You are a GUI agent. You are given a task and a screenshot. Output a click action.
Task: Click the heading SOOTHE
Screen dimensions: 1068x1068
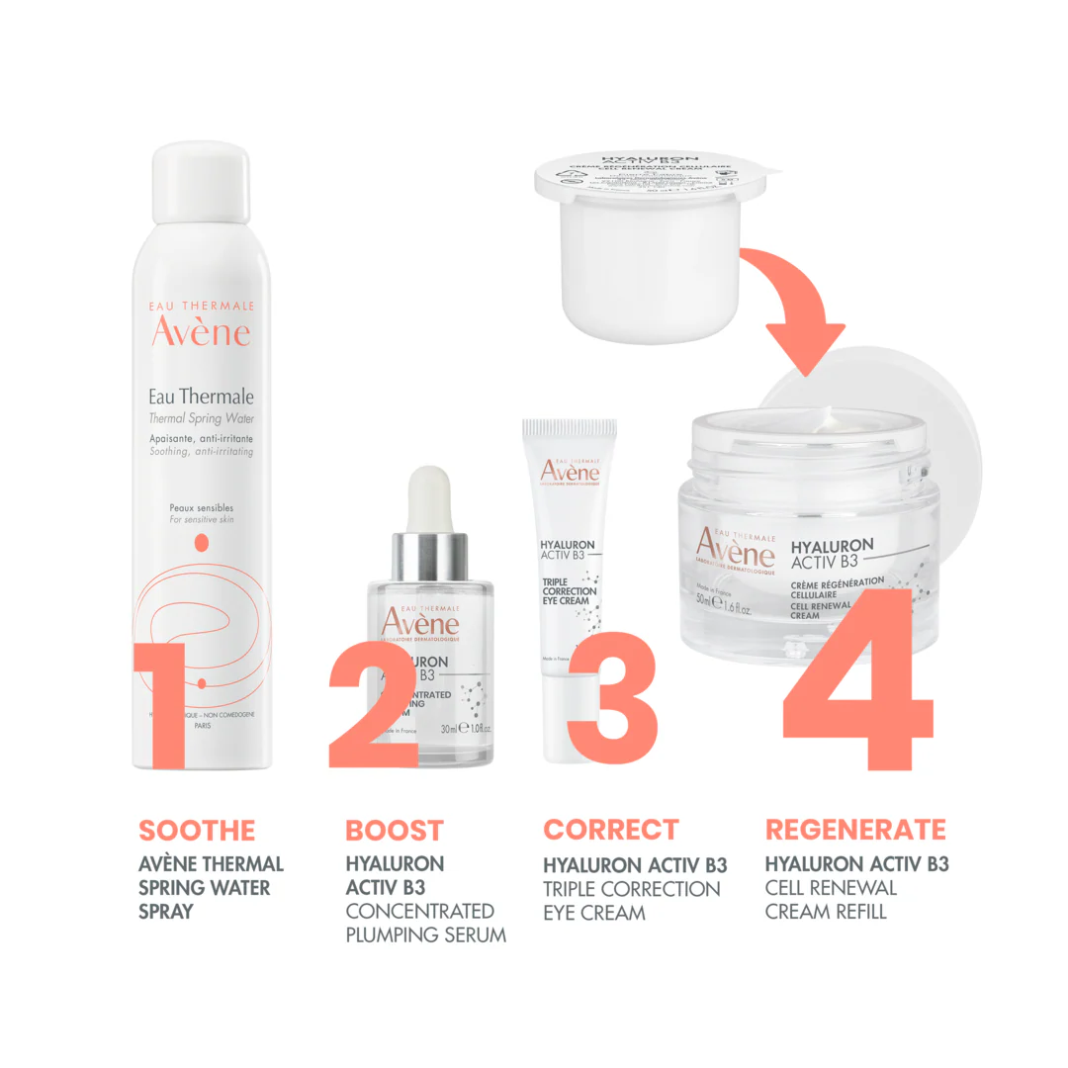pos(197,831)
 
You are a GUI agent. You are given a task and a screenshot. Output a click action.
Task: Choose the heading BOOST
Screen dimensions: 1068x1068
pos(395,831)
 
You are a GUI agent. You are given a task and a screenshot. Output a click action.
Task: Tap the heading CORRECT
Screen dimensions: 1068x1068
pos(611,830)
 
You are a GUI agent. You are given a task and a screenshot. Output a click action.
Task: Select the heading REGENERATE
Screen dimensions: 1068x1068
pos(855,830)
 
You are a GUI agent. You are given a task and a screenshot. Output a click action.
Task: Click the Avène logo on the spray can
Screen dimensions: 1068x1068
pos(201,331)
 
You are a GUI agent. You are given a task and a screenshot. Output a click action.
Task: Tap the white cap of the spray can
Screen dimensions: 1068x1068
pos(202,178)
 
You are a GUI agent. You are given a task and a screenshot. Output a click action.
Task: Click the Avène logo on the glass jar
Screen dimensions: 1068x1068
pos(734,549)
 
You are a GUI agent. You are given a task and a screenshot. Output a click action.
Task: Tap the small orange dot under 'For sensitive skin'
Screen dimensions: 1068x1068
pos(202,541)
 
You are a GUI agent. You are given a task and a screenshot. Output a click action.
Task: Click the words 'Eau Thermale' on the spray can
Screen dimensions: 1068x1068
pos(201,397)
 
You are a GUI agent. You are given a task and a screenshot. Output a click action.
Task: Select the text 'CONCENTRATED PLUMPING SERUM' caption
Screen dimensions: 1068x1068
pos(425,923)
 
